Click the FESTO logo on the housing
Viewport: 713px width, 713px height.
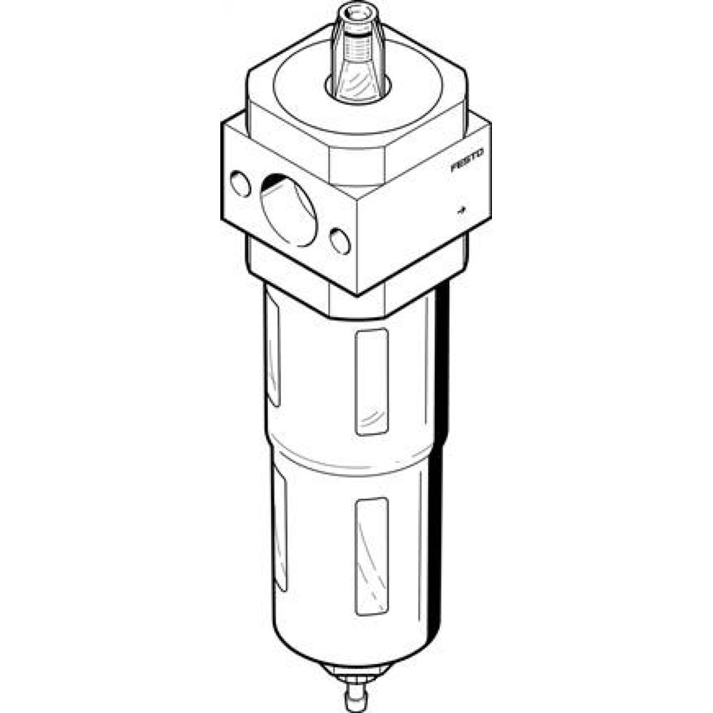[x=468, y=160]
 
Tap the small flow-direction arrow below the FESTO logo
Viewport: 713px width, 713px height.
[x=461, y=210]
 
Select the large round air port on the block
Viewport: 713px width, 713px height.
[x=288, y=211]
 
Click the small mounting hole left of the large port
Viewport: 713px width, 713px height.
[x=241, y=186]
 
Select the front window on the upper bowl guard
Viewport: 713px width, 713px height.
[x=371, y=381]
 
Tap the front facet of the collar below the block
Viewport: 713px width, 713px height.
[x=356, y=303]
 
